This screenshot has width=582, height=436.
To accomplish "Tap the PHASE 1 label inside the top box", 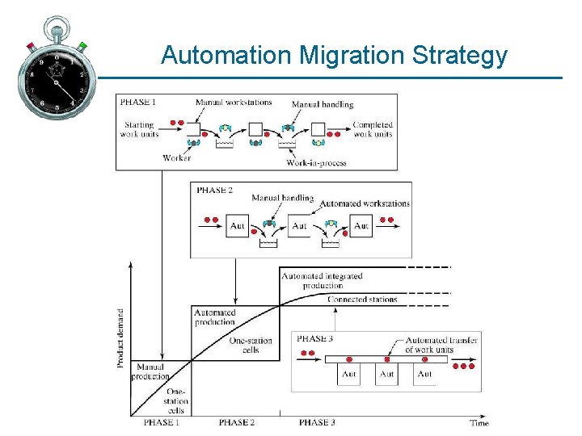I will click(138, 102).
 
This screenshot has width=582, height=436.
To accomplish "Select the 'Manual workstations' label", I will click(234, 103).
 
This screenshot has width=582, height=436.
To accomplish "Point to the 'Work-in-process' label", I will click(316, 163).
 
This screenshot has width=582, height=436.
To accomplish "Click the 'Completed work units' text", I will click(373, 129).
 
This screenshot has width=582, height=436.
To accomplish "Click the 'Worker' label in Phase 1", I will click(176, 158).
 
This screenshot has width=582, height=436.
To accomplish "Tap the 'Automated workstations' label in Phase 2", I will click(365, 203).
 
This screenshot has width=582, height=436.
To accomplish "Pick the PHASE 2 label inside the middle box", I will click(213, 190).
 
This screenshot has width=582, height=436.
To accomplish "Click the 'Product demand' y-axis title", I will click(121, 338).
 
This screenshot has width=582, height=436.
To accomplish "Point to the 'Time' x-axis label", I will click(479, 422).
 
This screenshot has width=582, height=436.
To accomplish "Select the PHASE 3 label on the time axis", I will click(317, 422).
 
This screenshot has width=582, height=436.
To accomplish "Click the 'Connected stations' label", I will click(362, 300).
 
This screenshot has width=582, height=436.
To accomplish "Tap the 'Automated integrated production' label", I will click(322, 280).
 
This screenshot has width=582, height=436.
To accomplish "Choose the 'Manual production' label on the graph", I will click(151, 371).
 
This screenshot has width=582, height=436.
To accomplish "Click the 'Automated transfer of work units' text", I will click(441, 345).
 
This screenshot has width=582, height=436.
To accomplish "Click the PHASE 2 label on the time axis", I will click(236, 422).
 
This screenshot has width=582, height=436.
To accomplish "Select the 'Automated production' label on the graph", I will click(215, 317).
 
